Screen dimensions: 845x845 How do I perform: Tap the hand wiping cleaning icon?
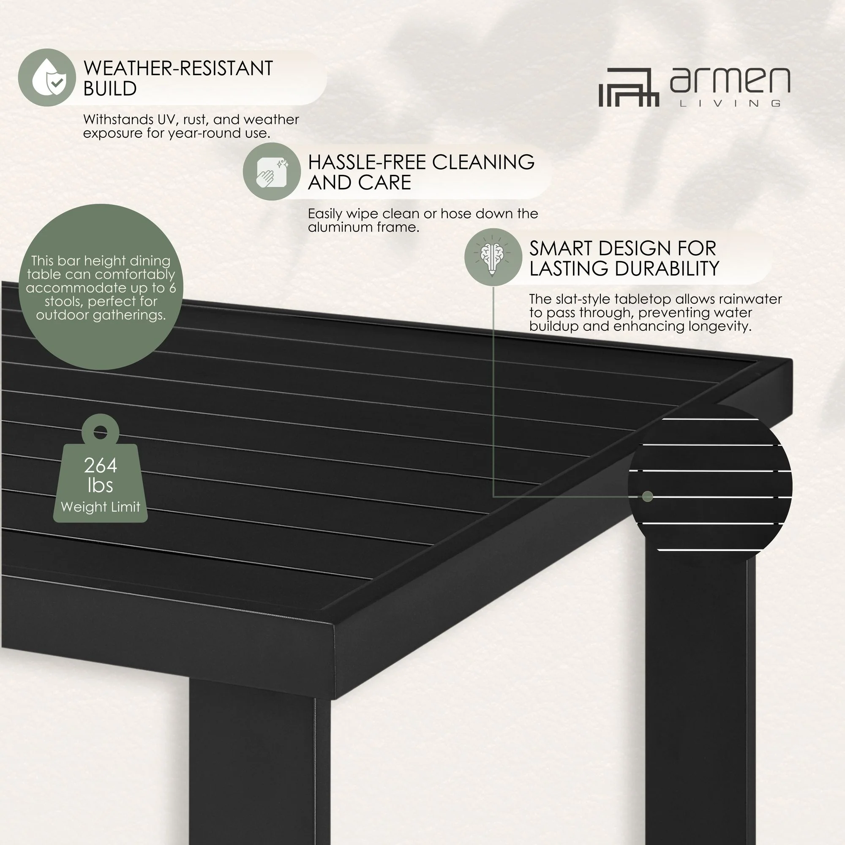coord(272,172)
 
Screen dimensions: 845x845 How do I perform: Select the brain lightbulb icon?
coord(493,257)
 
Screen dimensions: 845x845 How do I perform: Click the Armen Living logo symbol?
coord(629,87)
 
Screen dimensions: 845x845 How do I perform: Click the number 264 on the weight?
coord(101,465)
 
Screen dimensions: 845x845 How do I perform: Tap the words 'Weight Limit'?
coord(101,507)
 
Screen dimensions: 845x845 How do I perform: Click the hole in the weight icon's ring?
coord(101,433)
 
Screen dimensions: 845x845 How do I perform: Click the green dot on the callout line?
coord(648,496)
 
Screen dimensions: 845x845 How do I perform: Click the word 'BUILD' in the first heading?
coord(110,89)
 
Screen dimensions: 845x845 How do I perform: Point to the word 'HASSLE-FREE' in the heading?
coord(366,162)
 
